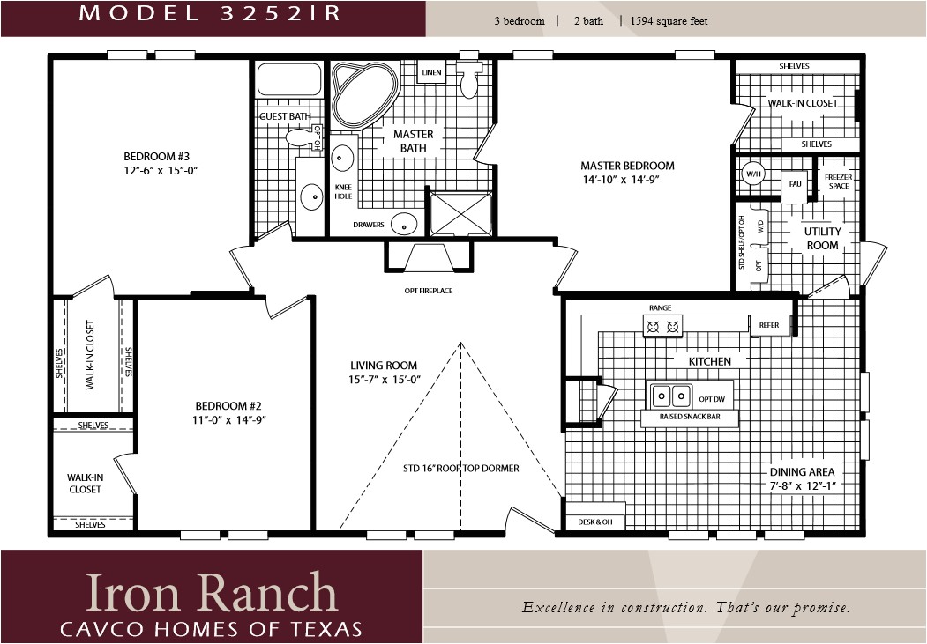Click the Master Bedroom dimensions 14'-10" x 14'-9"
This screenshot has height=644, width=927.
click(x=627, y=180)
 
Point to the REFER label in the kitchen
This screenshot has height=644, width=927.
click(x=769, y=325)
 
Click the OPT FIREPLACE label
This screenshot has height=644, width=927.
click(x=428, y=291)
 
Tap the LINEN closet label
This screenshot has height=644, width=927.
click(x=431, y=72)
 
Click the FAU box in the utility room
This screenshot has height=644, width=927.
click(x=795, y=184)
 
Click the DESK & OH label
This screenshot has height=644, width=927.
click(x=595, y=522)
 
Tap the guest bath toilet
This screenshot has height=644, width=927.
click(x=302, y=138)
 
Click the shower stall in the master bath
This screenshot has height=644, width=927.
click(x=460, y=213)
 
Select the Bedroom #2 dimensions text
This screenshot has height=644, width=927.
click(x=228, y=420)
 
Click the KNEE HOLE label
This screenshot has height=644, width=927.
click(x=343, y=191)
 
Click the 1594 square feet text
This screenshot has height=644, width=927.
click(x=663, y=21)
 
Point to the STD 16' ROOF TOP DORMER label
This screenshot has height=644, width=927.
click(x=460, y=469)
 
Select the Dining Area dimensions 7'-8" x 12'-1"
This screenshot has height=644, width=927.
click(x=801, y=485)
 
